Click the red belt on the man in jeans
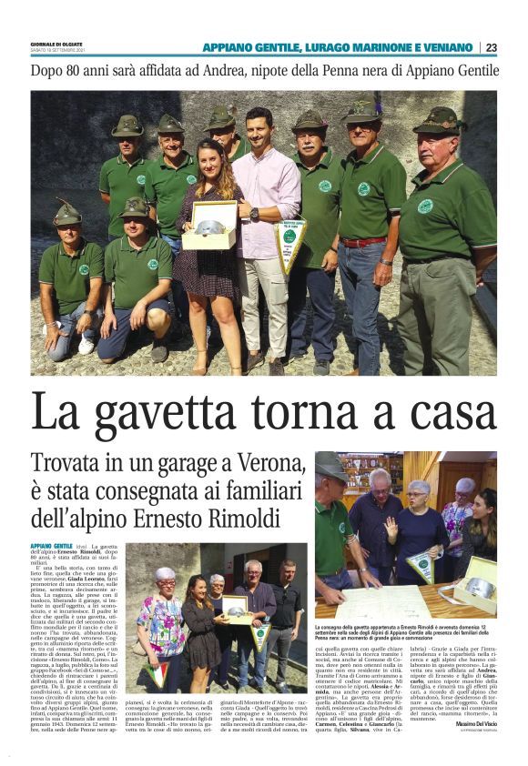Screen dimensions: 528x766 (x=361, y=242)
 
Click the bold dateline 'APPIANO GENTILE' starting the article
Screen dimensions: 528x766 (x=51, y=545)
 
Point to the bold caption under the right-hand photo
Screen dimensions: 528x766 (x=405, y=636)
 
